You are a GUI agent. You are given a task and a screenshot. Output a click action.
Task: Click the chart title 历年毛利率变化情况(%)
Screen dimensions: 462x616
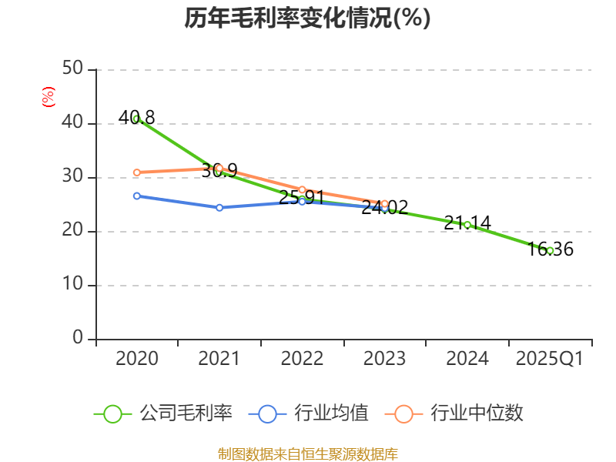pyautogui.click(x=307, y=18)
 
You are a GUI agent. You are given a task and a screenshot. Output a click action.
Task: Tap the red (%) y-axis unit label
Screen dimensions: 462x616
pyautogui.click(x=48, y=98)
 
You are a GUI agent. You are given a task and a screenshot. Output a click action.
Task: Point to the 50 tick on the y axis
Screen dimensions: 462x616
pyautogui.click(x=73, y=69)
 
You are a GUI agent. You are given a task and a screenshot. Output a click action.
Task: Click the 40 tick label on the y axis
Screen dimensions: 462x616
pyautogui.click(x=73, y=123)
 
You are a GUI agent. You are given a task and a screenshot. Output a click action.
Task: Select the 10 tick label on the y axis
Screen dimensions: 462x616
pyautogui.click(x=73, y=285)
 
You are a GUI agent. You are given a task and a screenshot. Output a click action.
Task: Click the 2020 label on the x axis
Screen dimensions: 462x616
pyautogui.click(x=136, y=359)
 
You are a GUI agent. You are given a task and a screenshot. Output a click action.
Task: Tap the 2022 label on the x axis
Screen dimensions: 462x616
pyautogui.click(x=302, y=359)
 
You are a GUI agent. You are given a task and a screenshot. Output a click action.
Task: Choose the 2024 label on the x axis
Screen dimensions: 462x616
pyautogui.click(x=467, y=359)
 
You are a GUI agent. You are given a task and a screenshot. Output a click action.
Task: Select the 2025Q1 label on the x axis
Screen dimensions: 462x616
pyautogui.click(x=550, y=359)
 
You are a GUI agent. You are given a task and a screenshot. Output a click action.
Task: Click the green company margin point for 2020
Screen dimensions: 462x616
pyautogui.click(x=136, y=119)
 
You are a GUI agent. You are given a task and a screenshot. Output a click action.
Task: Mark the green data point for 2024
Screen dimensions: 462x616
pyautogui.click(x=467, y=225)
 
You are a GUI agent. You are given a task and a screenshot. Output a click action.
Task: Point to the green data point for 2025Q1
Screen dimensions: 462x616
pyautogui.click(x=550, y=250)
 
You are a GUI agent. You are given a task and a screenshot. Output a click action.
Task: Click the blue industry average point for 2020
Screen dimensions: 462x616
pyautogui.click(x=136, y=196)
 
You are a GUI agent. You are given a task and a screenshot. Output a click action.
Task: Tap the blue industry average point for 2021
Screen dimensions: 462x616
pyautogui.click(x=219, y=207)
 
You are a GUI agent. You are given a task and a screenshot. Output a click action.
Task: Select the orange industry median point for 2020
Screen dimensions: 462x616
pyautogui.click(x=136, y=172)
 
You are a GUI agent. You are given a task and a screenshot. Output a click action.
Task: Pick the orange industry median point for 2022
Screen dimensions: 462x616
pyautogui.click(x=302, y=189)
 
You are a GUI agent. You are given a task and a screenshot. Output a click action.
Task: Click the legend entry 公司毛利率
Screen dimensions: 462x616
pyautogui.click(x=163, y=413)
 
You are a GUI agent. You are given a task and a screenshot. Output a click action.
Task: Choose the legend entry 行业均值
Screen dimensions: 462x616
pyautogui.click(x=309, y=413)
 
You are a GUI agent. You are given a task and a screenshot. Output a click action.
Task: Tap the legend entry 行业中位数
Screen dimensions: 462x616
pyautogui.click(x=459, y=413)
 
